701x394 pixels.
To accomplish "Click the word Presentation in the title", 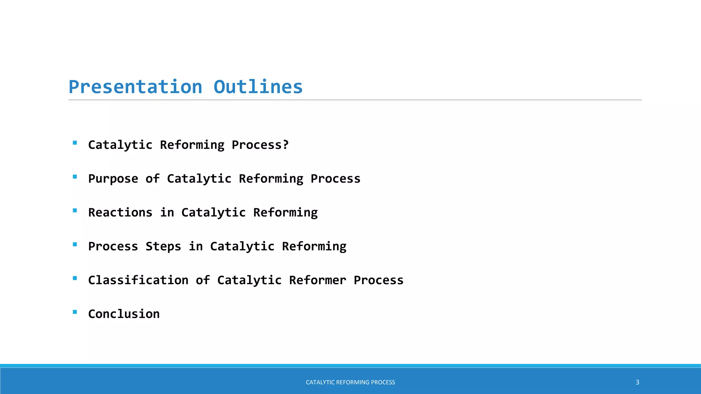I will [136, 87].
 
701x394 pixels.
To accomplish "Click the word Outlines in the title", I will [258, 87].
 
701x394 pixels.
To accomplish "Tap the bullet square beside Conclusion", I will [75, 312].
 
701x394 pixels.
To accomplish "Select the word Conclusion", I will [124, 314].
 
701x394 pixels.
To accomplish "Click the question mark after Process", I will [285, 145].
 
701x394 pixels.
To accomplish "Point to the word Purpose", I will [113, 179].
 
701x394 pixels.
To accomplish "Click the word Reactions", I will [120, 212].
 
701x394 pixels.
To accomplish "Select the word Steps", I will [163, 246].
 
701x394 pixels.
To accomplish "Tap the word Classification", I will [138, 280].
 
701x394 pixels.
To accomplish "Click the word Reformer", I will [318, 280].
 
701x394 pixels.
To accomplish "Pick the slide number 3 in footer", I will [637, 382].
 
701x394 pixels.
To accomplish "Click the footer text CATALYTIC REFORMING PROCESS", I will [350, 382].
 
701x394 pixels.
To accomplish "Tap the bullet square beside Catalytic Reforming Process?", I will [75, 143].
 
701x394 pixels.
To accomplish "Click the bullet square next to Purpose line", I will [75, 177].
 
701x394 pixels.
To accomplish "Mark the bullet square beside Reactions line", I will [75, 211].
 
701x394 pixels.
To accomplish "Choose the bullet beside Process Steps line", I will [75, 245].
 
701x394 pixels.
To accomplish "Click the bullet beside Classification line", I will [75, 278].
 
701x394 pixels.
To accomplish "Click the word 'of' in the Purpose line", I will [153, 179].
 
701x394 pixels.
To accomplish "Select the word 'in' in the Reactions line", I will [167, 212].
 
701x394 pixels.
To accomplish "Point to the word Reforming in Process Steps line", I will [314, 247].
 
